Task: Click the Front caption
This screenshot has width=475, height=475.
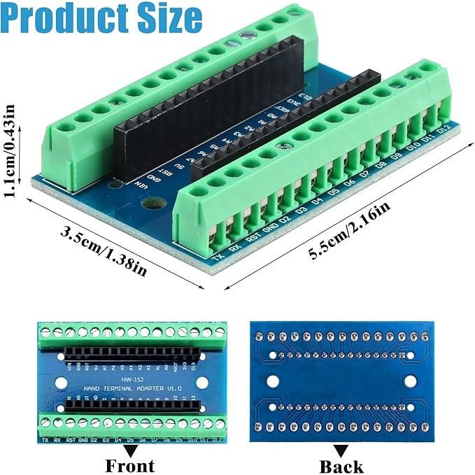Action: pos(130,465)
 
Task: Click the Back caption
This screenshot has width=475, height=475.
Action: pos(341,465)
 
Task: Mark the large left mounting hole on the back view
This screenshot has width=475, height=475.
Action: pos(273,383)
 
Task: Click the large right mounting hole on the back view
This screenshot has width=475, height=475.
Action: pos(410,383)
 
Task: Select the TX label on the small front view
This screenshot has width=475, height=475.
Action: pos(45,441)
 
